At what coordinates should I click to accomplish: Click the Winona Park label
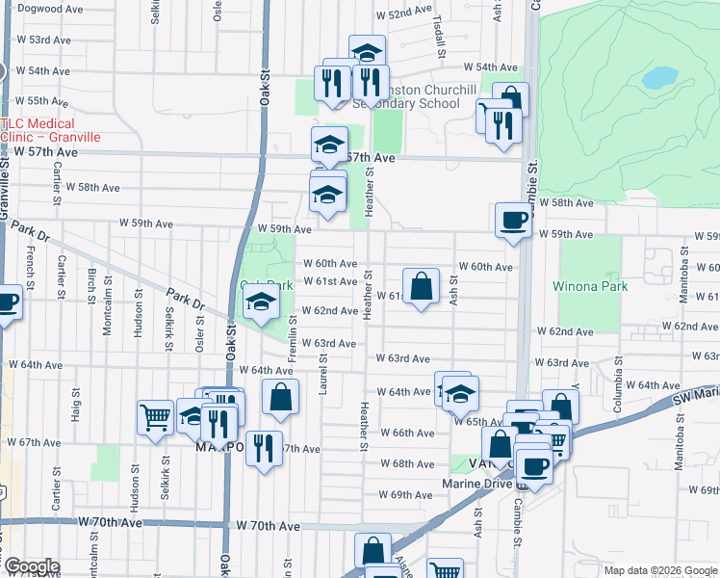[591, 286]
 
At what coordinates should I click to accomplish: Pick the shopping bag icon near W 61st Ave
[421, 286]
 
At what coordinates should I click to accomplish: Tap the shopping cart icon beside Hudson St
[155, 417]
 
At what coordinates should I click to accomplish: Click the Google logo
[32, 566]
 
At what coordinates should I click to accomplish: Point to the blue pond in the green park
[659, 78]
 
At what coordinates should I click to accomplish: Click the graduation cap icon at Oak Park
[260, 304]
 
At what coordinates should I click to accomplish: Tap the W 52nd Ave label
[404, 14]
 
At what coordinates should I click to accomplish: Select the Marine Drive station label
[478, 484]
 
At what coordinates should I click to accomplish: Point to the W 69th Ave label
[404, 494]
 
